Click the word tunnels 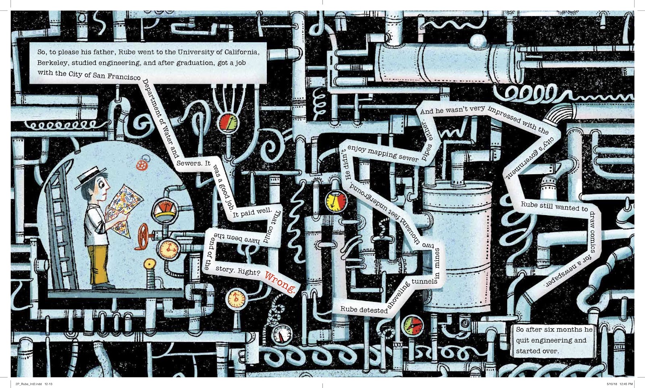(x=424, y=281)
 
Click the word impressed (x=504, y=115)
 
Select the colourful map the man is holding (x=124, y=210)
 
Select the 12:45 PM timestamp (x=625, y=384)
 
